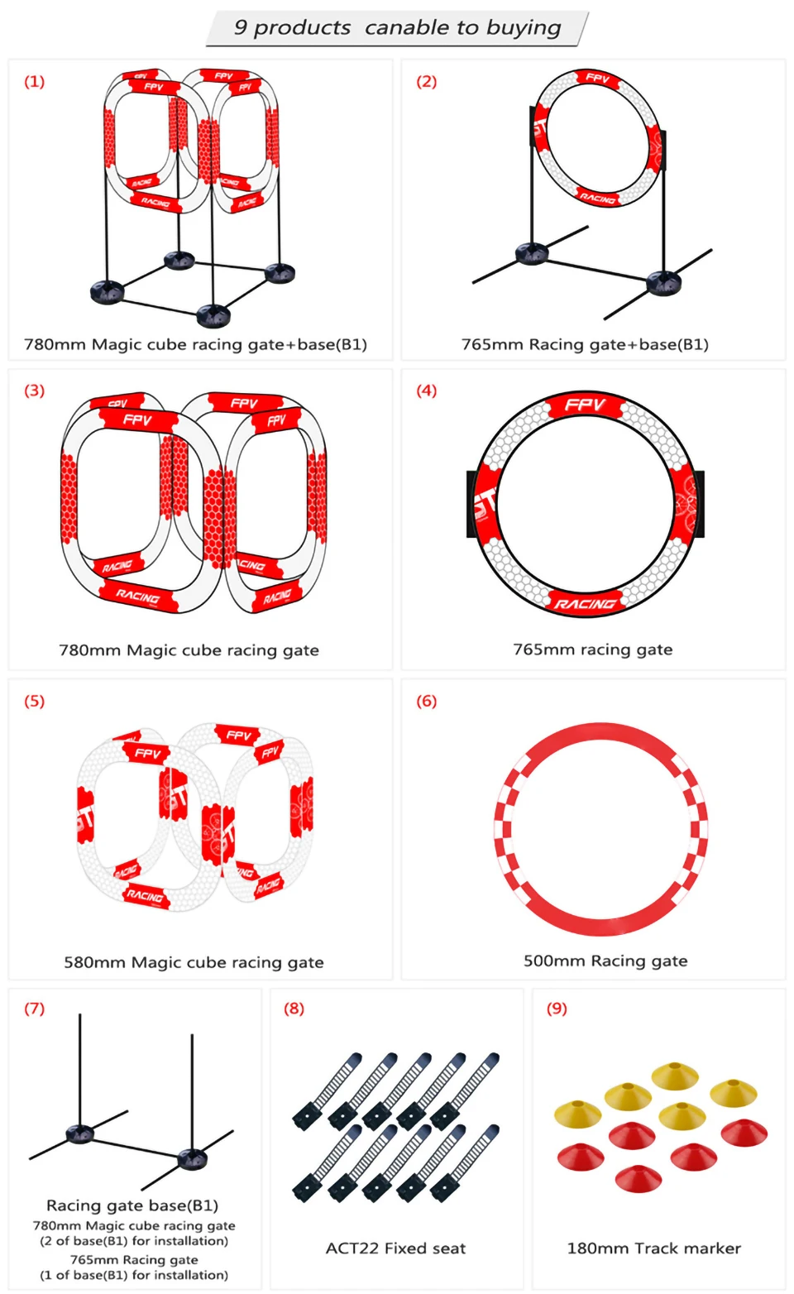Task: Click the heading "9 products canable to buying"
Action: (397, 28)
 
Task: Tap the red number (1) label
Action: (34, 81)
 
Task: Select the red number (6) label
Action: (426, 701)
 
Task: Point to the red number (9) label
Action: (557, 1008)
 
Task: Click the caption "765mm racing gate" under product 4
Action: (592, 649)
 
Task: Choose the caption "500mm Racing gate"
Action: (605, 961)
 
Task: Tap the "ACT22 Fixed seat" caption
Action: (395, 1248)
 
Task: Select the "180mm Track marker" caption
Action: (653, 1248)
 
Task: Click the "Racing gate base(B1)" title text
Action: (132, 1205)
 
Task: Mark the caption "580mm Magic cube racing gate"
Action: (194, 962)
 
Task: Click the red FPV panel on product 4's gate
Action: (586, 405)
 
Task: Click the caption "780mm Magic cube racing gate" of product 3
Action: (189, 650)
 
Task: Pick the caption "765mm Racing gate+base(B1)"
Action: (585, 344)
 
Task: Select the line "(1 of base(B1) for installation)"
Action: (134, 1275)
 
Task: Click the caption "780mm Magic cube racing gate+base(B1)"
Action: (195, 344)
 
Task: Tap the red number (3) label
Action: (34, 391)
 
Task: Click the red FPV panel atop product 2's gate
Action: (597, 79)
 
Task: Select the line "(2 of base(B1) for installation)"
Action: (134, 1240)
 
